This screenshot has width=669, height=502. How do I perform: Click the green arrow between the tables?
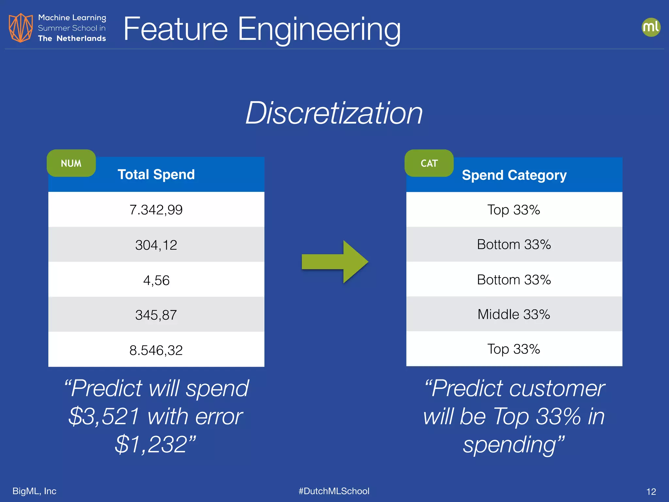coord(335,262)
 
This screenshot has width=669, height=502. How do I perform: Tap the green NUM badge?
coord(71,163)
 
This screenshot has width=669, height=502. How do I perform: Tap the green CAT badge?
coord(429,163)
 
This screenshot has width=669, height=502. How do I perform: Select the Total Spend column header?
coord(156,175)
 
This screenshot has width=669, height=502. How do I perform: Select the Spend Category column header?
coord(514,175)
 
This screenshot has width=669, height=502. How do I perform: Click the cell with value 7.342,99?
coord(156,209)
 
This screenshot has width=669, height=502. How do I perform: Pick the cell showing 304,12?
coord(156,245)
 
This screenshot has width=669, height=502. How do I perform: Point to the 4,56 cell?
coord(156,280)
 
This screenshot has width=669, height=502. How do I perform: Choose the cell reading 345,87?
coord(156,315)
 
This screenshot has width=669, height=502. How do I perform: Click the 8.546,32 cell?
coord(156,350)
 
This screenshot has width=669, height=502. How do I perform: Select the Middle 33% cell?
coord(514,314)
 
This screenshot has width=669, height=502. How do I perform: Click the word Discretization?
coord(334,113)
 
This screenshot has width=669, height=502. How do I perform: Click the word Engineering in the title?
coord(319,30)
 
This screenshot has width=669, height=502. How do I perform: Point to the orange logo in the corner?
coord(21,28)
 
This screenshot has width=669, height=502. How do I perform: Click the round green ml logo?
coord(651,27)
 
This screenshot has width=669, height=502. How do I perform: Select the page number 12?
coord(651,492)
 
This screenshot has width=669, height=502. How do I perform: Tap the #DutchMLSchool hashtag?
coord(334,491)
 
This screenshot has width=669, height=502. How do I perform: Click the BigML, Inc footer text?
coord(34,491)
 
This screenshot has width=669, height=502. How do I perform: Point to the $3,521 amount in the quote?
coord(104,416)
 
